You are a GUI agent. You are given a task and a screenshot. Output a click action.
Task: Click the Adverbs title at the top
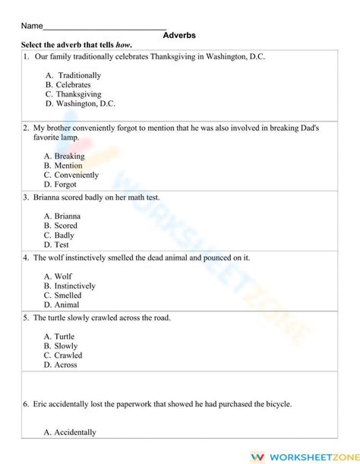point(180,35)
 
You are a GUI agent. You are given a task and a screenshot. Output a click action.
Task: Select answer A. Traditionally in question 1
point(73,75)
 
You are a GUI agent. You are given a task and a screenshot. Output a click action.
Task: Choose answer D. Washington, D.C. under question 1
point(80,103)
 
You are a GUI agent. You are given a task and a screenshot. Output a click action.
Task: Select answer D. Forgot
point(60,184)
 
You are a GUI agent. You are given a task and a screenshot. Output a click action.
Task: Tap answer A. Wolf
point(58,276)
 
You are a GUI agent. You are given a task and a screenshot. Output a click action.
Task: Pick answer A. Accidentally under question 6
point(70,432)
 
